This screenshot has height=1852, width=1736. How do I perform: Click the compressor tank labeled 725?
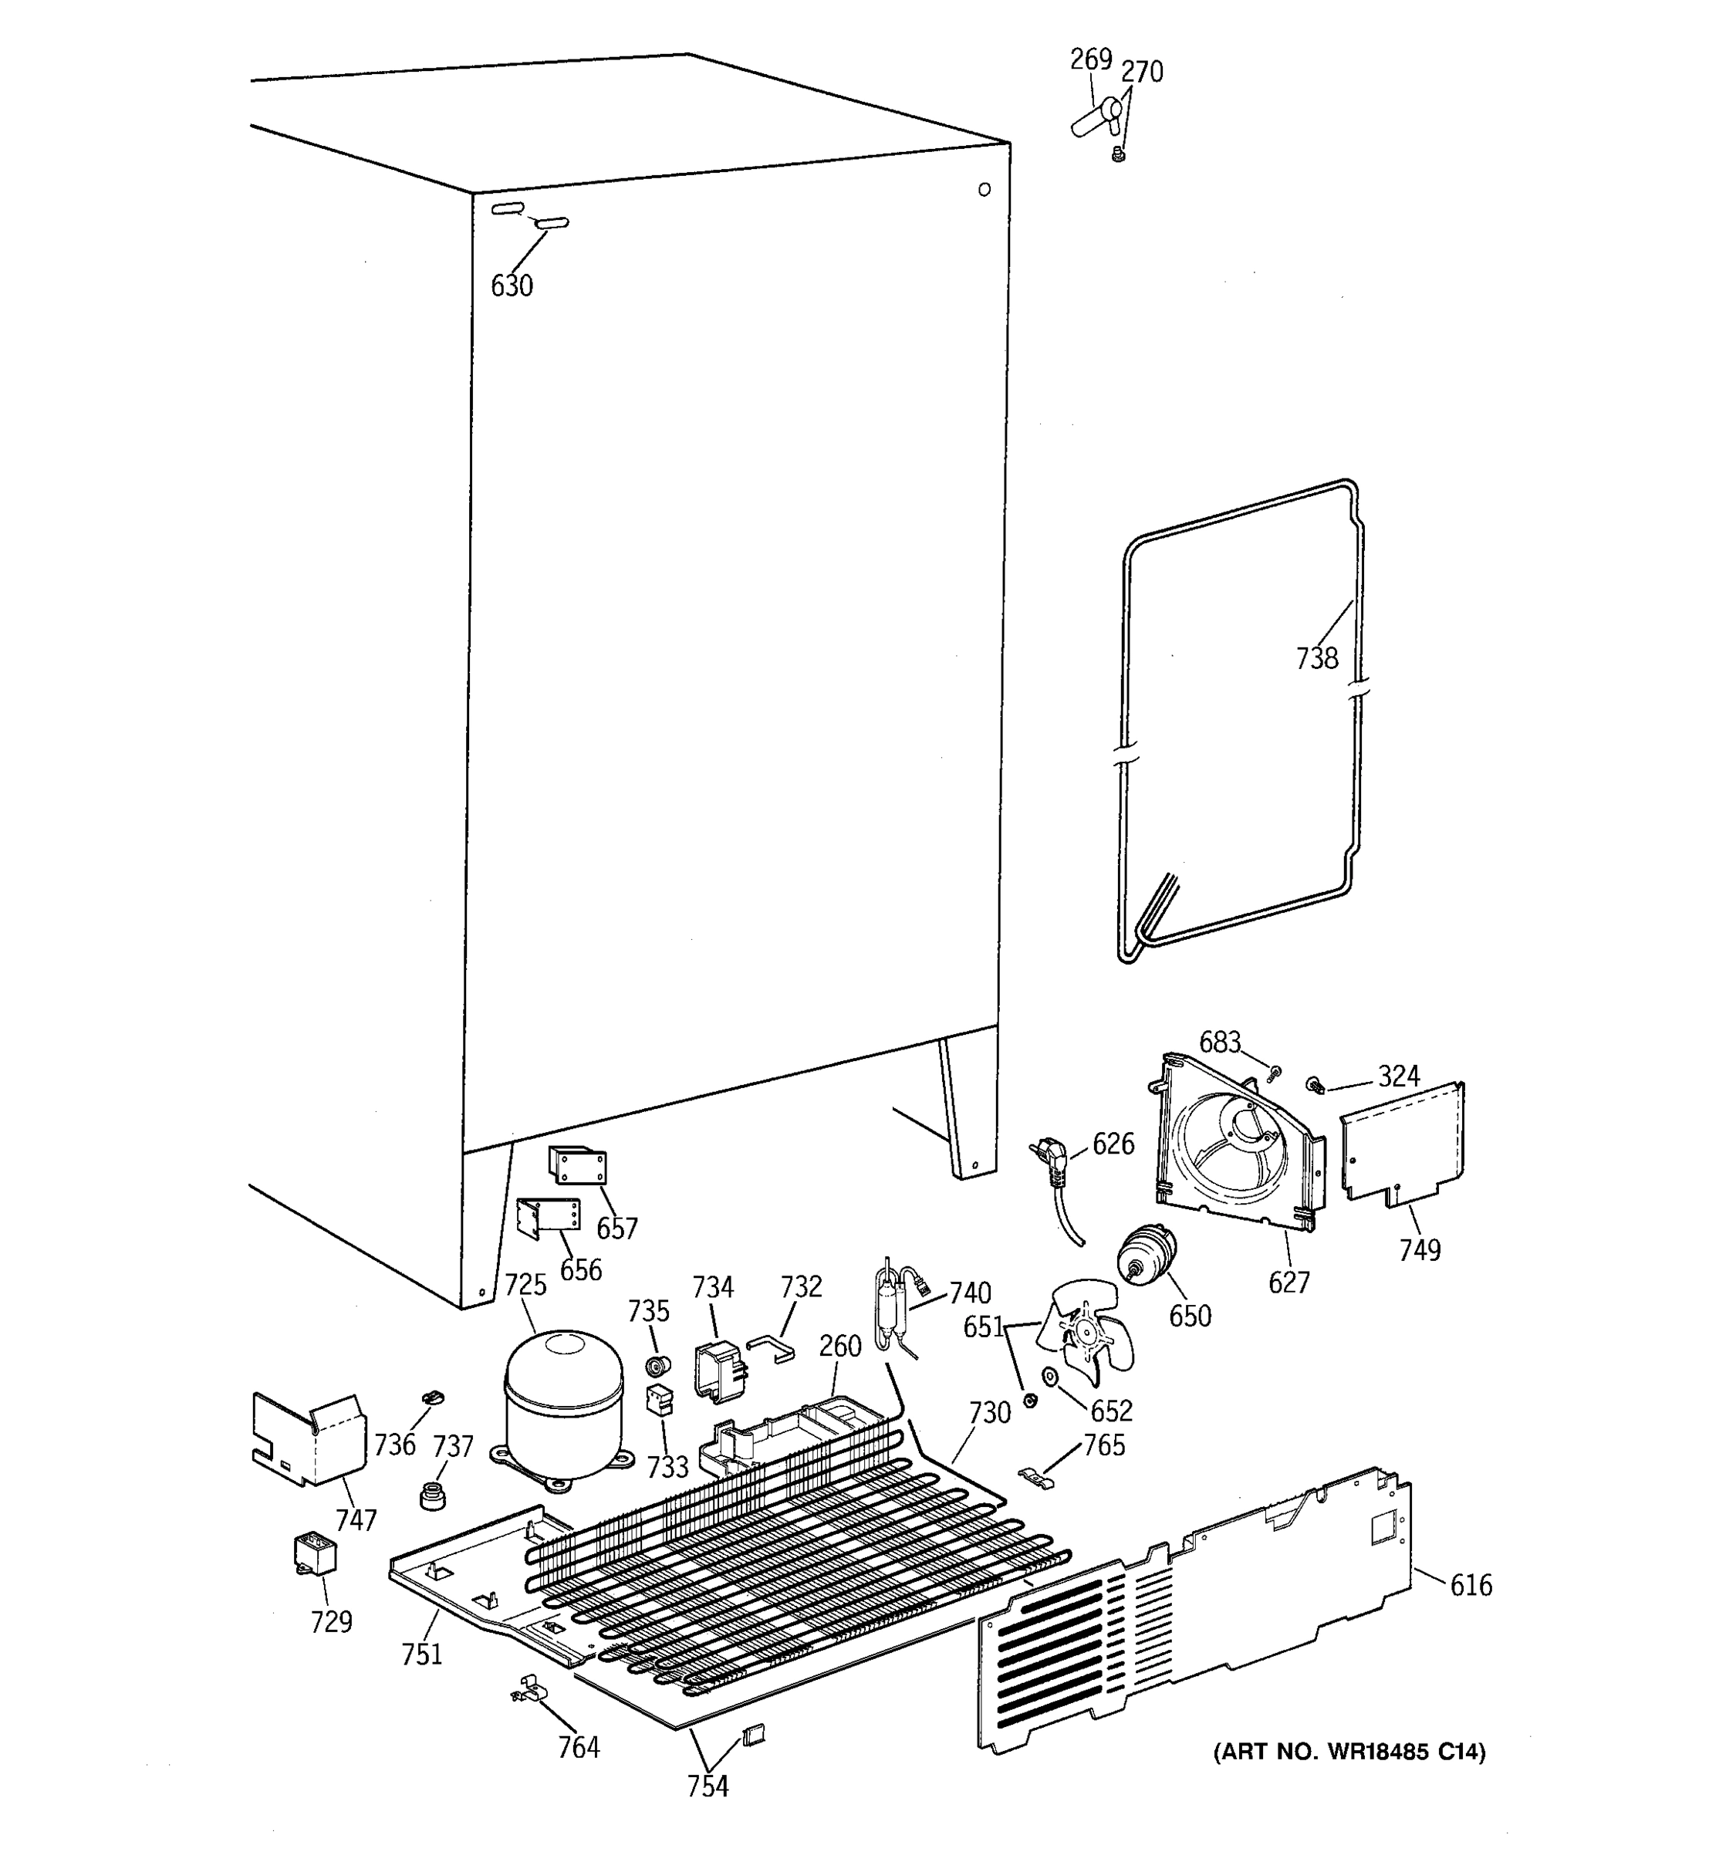563,1405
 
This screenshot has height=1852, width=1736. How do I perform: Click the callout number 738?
1316,659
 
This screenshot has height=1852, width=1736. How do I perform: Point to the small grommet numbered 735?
658,1367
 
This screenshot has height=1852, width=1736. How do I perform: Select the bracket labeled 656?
549,1217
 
